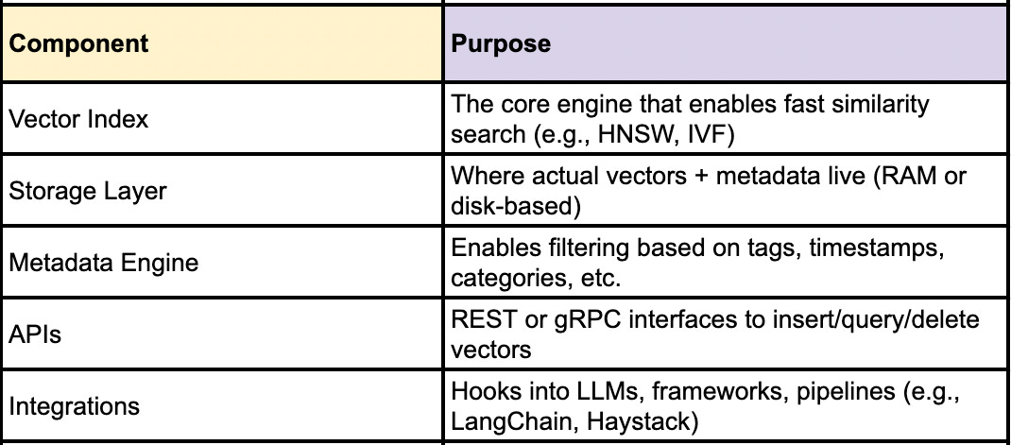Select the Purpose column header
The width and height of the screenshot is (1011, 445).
coord(502,44)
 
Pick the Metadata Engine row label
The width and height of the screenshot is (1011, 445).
coord(104,263)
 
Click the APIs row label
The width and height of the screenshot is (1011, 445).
coord(36,335)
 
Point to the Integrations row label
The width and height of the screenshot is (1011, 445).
coord(75,407)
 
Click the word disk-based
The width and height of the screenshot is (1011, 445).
coord(505,206)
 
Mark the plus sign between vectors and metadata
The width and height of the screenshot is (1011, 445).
coord(732,177)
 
